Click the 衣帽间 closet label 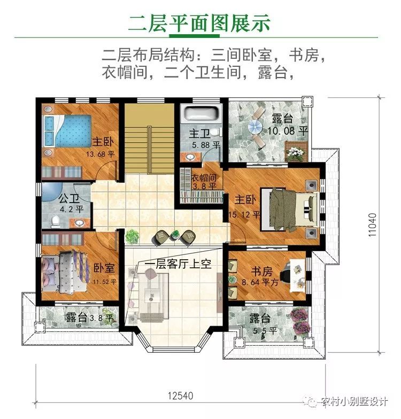point(203,177)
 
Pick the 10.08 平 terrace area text point(288,130)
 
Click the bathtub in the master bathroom point(200,113)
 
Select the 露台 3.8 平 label point(89,318)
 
